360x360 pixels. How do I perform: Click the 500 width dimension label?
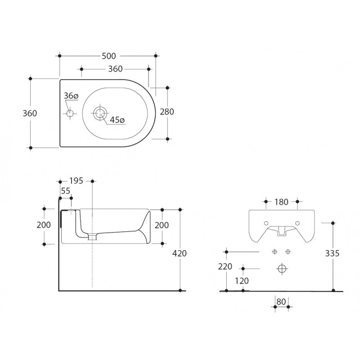tap(109, 56)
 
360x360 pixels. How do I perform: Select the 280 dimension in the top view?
tap(167, 112)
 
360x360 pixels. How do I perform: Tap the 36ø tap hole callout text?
tap(71, 96)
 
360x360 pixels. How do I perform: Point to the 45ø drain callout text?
tap(117, 120)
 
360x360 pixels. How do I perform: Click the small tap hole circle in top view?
tap(70, 113)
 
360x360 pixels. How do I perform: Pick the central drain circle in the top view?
tap(100, 113)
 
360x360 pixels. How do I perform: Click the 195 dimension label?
tap(76, 181)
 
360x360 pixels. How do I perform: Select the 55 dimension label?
tap(66, 191)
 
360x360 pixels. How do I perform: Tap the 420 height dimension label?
tap(179, 253)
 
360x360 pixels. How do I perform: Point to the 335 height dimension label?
tap(332, 253)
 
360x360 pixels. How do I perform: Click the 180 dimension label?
tap(282, 202)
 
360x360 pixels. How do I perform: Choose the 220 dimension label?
tap(225, 266)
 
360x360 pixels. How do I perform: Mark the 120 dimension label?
tap(242, 281)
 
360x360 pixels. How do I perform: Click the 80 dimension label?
tap(281, 301)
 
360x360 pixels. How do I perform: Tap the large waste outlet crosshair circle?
tap(282, 269)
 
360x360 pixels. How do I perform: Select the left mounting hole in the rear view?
tap(266, 223)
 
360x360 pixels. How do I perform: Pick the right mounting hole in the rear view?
tap(297, 223)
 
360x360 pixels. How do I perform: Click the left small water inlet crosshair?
tap(274, 252)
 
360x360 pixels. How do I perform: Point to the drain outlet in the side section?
tap(92, 237)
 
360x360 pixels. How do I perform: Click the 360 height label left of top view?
tap(30, 113)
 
